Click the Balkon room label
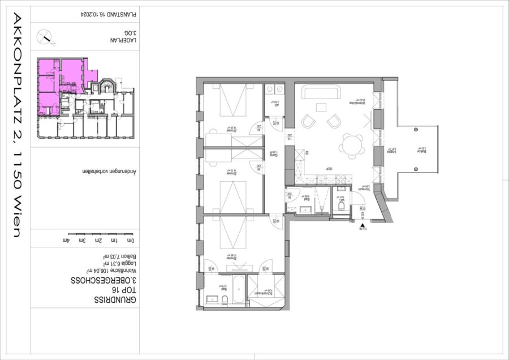pyautogui.click(x=420, y=151)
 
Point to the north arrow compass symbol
pyautogui.click(x=45, y=38)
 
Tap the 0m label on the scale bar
pyautogui.click(x=131, y=241)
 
